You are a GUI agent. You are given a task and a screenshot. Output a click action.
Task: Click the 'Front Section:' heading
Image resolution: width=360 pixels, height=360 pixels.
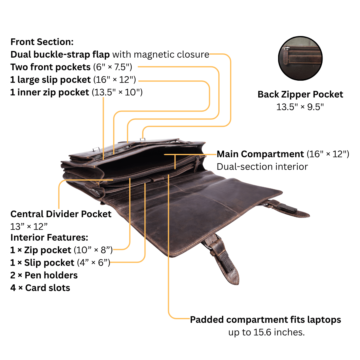tap(42, 42)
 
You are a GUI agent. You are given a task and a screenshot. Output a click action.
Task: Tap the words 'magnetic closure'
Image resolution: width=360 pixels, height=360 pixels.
tap(172, 55)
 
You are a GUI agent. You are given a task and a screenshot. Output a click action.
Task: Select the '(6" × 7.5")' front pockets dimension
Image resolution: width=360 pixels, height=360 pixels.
tap(113, 67)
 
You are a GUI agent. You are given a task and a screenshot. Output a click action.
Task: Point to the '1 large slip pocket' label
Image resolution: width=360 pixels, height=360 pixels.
tap(50, 80)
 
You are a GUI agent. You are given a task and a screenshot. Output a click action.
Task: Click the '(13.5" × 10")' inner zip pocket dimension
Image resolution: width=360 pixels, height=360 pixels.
tap(117, 92)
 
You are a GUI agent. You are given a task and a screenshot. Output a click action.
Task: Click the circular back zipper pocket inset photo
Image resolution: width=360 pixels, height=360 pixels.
tap(300, 58)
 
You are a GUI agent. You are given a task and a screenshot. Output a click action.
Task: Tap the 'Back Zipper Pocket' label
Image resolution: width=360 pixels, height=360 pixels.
tap(300, 94)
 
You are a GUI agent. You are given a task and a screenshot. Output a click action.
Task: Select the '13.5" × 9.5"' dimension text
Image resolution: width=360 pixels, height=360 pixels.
tap(300, 107)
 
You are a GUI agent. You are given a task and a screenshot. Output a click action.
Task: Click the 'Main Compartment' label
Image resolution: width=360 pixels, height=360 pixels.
tap(260, 154)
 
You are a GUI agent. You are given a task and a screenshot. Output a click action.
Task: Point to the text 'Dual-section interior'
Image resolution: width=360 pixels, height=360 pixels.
tap(262, 166)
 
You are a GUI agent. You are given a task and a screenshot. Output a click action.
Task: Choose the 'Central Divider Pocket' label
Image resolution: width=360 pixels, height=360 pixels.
tap(61, 214)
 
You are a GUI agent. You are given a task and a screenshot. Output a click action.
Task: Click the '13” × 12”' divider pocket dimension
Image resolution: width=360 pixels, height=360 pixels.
tap(29, 227)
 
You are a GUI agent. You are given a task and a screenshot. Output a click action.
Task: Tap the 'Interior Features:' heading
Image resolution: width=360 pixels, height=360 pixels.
tap(49, 237)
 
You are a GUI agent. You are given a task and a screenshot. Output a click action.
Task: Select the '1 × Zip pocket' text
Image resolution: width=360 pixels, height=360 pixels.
tap(41, 250)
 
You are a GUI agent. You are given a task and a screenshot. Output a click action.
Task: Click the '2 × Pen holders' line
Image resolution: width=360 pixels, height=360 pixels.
tap(44, 275)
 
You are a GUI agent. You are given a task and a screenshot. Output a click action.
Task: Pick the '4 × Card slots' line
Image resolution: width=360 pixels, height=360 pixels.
tap(40, 288)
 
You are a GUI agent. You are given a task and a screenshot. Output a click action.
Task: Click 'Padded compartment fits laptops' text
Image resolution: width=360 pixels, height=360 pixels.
tap(265, 319)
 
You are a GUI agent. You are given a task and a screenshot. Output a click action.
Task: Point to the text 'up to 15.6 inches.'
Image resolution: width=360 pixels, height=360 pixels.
tap(266, 332)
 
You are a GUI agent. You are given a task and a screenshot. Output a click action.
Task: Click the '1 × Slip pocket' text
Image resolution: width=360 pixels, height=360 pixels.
tap(42, 263)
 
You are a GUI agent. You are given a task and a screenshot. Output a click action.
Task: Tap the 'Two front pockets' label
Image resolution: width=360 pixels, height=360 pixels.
tap(50, 67)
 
